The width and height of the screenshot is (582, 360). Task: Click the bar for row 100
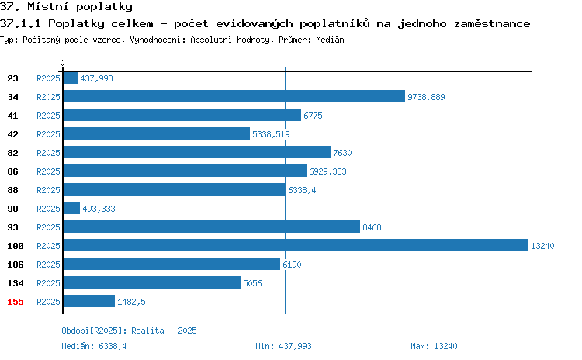click(296, 245)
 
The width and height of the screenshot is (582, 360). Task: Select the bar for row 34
click(234, 96)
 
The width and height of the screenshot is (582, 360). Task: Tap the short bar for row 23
click(71, 78)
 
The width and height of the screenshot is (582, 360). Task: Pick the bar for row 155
click(89, 301)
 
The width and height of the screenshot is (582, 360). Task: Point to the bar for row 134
click(152, 282)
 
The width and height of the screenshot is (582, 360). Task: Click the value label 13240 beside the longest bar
click(542, 246)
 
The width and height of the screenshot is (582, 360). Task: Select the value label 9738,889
click(426, 97)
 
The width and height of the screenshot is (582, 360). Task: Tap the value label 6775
click(313, 116)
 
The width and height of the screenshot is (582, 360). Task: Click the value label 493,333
click(99, 209)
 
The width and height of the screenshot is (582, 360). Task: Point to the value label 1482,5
click(131, 302)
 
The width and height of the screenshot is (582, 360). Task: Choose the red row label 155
click(16, 302)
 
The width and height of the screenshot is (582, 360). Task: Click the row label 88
click(12, 190)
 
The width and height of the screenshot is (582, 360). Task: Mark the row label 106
click(16, 265)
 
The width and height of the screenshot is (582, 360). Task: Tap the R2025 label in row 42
click(48, 134)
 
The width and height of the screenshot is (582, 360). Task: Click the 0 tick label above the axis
click(62, 63)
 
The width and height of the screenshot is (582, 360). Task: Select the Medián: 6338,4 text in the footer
click(94, 346)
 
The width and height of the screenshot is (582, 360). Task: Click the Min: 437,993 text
click(283, 346)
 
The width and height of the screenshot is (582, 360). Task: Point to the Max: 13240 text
click(434, 346)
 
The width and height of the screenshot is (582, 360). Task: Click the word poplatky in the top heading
click(104, 7)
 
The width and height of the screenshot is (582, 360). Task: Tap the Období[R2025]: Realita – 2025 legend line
click(129, 331)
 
